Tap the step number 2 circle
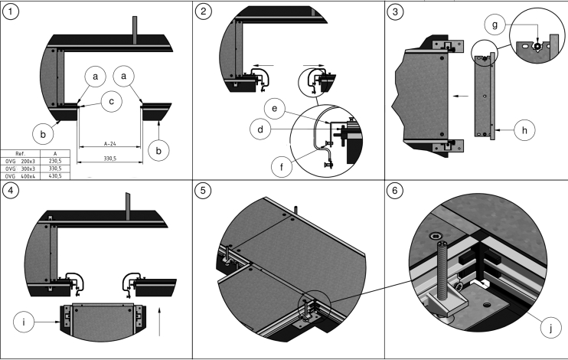tap(203, 12)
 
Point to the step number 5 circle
tap(203, 191)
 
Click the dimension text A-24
tap(110, 142)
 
